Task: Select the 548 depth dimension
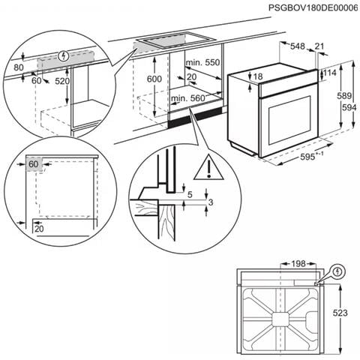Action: coord(298,46)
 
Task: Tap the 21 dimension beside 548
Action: coord(321,46)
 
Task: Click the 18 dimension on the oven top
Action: coord(259,77)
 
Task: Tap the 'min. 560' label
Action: coord(187,98)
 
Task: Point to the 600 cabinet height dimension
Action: coord(154,79)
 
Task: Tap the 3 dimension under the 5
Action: coord(211,202)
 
